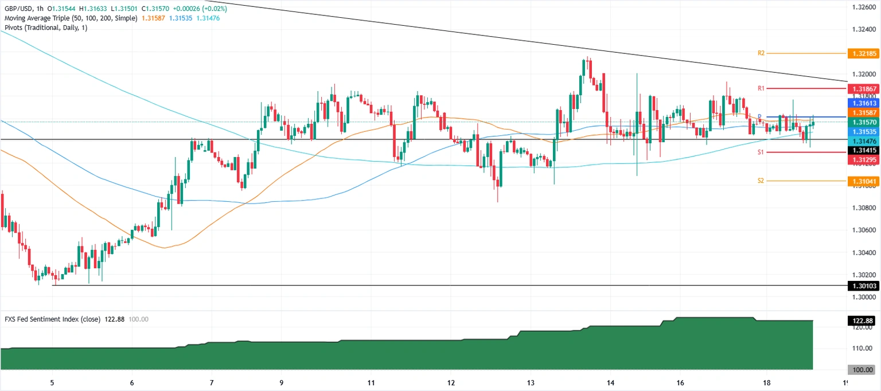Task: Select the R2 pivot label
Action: (x=761, y=53)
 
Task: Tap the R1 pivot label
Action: (x=761, y=88)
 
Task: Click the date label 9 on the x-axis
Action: (x=281, y=383)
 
